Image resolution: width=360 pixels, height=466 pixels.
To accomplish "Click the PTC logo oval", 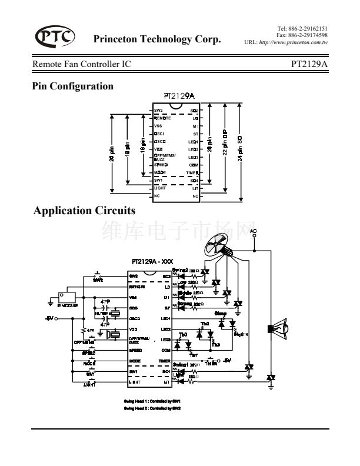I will tap(55, 36).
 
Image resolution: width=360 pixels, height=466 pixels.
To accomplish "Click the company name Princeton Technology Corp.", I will tap(157, 40).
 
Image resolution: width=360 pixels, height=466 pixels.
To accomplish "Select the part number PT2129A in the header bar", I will tap(309, 64).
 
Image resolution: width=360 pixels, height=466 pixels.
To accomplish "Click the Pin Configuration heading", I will tap(72, 86).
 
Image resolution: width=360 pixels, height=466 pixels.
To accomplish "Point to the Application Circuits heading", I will tap(85, 210).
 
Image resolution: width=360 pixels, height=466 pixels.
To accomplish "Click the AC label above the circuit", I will tap(253, 230).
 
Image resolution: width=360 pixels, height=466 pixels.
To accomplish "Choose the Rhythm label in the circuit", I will tap(240, 334).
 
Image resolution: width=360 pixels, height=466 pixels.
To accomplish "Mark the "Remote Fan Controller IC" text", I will tap(82, 64).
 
